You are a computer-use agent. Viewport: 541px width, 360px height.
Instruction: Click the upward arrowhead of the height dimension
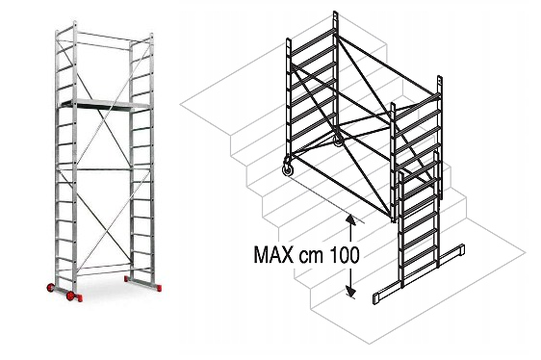[x=350, y=219]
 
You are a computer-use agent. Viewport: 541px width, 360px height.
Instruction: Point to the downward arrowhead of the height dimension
[x=350, y=292]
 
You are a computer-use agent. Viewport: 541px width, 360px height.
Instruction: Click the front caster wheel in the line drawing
[x=288, y=169]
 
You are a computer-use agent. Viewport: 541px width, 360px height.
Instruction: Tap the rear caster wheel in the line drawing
[x=338, y=141]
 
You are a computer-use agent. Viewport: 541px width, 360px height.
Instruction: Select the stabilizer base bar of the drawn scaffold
[x=419, y=273]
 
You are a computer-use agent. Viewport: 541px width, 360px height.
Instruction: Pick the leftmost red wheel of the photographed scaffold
[x=50, y=287]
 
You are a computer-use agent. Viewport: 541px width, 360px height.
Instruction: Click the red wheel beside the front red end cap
[x=70, y=296]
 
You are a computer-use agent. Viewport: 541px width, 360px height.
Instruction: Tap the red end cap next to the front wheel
[x=79, y=297]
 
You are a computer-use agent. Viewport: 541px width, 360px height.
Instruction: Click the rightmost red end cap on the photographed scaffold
[x=159, y=288]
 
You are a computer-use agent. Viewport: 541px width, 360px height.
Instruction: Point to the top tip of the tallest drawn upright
[x=335, y=12]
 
